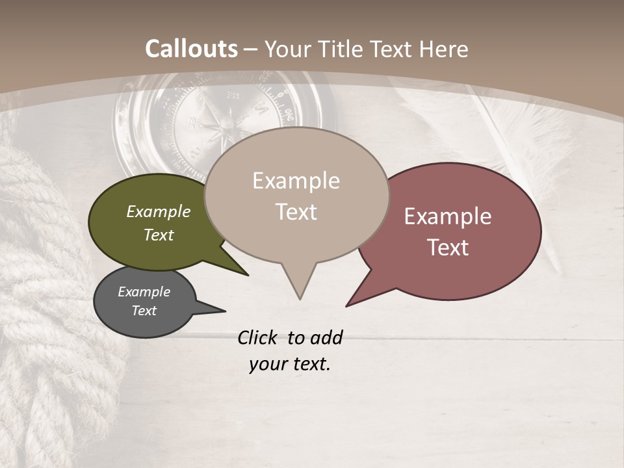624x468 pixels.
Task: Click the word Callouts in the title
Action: pyautogui.click(x=191, y=49)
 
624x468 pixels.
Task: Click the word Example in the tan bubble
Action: pyautogui.click(x=296, y=181)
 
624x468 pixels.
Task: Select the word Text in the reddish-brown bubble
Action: pyautogui.click(x=448, y=248)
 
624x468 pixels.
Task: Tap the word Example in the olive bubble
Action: pyautogui.click(x=158, y=211)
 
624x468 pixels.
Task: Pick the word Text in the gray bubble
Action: pyautogui.click(x=144, y=311)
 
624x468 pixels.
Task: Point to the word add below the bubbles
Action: pyautogui.click(x=326, y=337)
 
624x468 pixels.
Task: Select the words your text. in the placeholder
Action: pyautogui.click(x=289, y=364)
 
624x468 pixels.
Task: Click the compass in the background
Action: pyautogui.click(x=224, y=120)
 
